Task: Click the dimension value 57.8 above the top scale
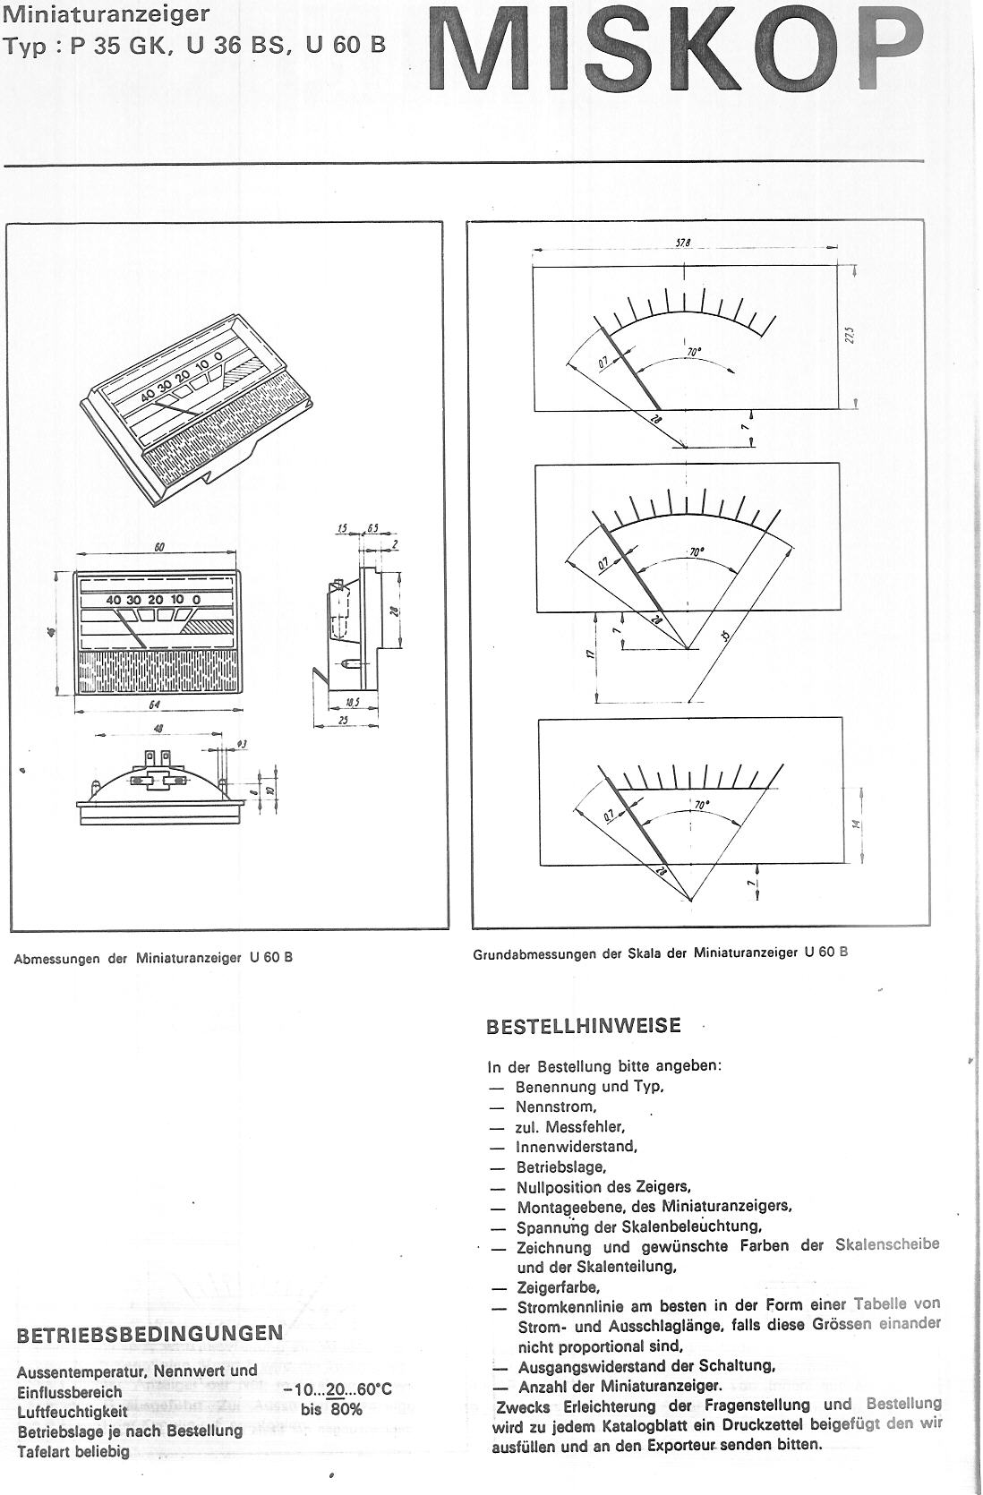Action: [x=684, y=243]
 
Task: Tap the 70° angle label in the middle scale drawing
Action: [x=696, y=552]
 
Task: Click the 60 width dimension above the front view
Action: [x=158, y=548]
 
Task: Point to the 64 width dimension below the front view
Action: [x=154, y=705]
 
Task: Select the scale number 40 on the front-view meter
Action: [x=113, y=600]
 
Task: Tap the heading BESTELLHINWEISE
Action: [x=583, y=1026]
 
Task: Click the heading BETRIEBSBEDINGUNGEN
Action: [x=150, y=1333]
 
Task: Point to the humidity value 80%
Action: [x=344, y=1410]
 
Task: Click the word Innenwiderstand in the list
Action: [x=576, y=1147]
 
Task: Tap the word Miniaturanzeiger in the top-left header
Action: [x=107, y=14]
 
